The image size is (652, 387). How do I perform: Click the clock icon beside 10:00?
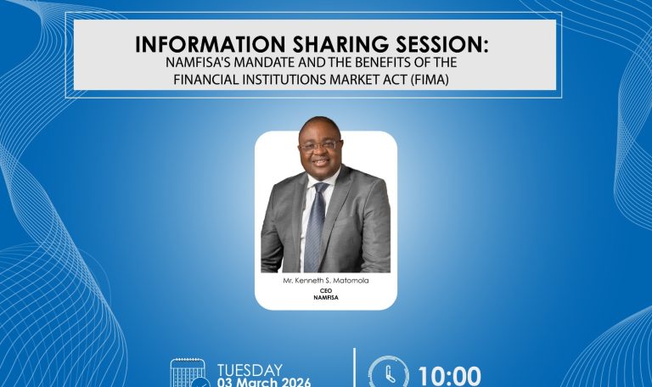click(x=388, y=374)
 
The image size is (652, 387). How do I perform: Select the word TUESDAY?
click(x=250, y=369)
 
